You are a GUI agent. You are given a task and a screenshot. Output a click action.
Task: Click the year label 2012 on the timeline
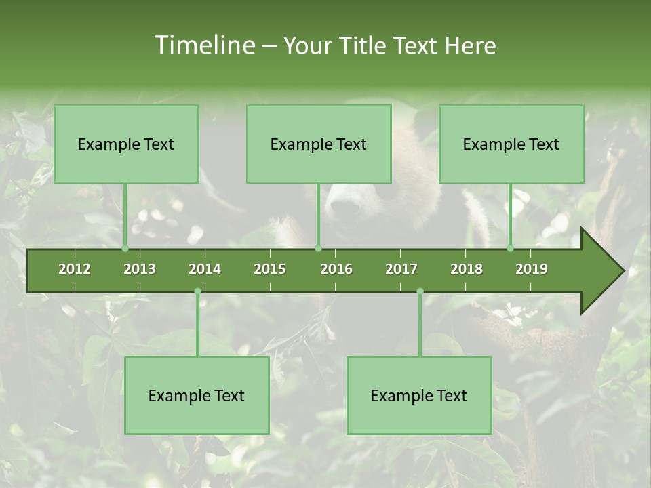[75, 269]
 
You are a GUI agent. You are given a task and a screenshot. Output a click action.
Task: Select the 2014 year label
[205, 269]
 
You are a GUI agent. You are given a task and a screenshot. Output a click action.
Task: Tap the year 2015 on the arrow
[270, 269]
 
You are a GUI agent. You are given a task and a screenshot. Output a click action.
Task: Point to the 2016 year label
[336, 269]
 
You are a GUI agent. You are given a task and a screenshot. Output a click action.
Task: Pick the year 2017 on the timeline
[401, 269]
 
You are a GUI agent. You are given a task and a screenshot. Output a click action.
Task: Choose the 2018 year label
[467, 269]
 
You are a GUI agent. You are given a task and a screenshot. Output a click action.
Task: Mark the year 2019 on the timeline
[532, 269]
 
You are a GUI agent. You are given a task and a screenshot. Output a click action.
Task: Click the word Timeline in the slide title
[204, 45]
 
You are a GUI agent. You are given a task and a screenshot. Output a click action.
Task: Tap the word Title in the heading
[366, 45]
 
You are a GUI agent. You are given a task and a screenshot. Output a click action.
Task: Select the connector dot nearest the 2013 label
[125, 248]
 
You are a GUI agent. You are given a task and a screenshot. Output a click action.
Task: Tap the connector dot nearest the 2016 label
[318, 248]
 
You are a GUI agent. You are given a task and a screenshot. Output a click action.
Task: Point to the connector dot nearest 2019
[511, 248]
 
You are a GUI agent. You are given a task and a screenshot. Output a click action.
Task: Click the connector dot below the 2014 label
[197, 291]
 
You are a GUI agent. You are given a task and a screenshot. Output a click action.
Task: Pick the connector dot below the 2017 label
[420, 291]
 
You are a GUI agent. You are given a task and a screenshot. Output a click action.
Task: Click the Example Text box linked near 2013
[126, 144]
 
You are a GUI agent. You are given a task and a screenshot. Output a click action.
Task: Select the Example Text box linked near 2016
[319, 144]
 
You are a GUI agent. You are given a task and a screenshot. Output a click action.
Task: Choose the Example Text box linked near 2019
[511, 144]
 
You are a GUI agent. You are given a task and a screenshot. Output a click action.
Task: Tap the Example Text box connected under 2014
[197, 395]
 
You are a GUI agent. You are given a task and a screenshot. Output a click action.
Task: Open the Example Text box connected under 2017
[419, 395]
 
